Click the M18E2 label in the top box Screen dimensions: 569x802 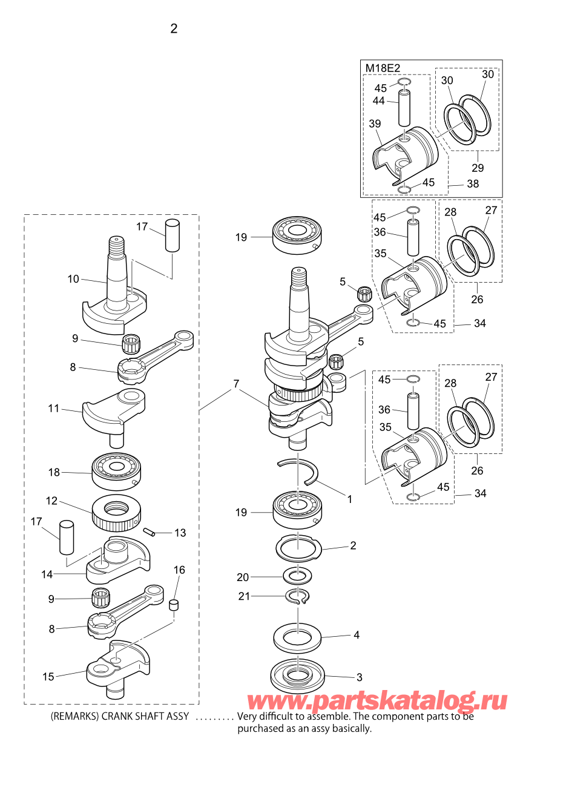[383, 68]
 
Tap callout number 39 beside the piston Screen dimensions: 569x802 [375, 123]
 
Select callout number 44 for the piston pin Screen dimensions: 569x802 [378, 101]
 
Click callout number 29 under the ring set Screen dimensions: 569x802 [478, 168]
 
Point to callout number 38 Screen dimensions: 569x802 [473, 183]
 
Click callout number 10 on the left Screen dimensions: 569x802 [73, 279]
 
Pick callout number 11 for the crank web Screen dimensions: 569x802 [54, 409]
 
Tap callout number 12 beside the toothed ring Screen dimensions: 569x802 [51, 501]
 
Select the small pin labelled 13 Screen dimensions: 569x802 [149, 532]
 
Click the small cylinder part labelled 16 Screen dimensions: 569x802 [174, 605]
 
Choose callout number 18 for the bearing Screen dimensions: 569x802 [54, 473]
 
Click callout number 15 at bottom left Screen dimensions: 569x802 [48, 677]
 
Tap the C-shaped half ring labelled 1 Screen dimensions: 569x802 [298, 472]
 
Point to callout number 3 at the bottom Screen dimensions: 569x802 [360, 677]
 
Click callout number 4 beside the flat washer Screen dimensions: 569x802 [357, 635]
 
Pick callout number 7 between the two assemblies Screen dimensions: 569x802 [236, 384]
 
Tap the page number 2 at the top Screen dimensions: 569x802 [174, 28]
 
